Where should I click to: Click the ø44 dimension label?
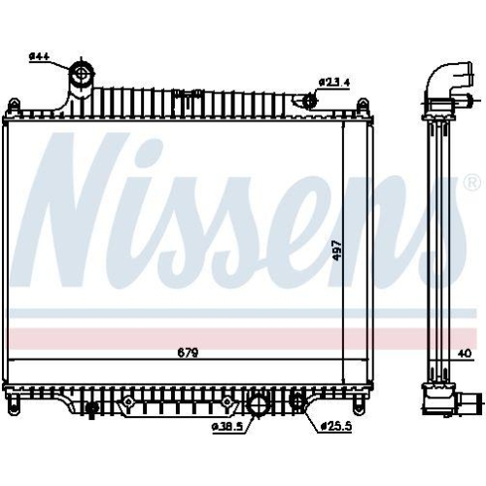pos(39,56)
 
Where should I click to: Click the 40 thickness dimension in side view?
pos(464,354)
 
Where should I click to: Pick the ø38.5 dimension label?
pos(226,426)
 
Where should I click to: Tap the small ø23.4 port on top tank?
pos(309,100)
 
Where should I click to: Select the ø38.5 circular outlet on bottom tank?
pos(260,405)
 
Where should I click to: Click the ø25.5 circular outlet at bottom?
pos(297,402)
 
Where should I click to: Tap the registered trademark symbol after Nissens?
pos(472,183)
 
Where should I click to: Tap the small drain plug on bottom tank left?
pos(90,406)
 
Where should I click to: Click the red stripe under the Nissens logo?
pos(194,339)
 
